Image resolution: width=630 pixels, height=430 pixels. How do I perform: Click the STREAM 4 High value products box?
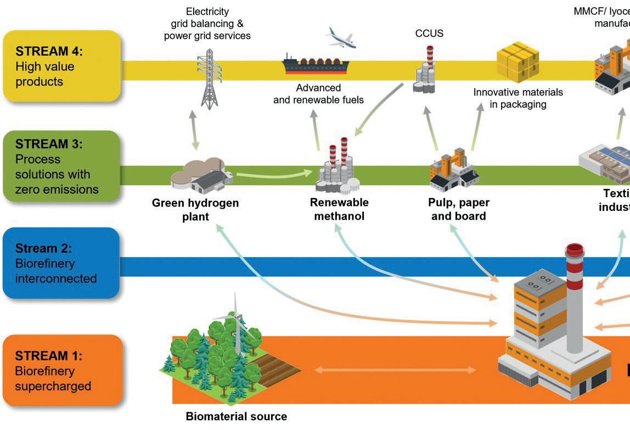coord(61,66)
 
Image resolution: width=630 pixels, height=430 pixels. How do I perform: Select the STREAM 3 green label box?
coord(61,166)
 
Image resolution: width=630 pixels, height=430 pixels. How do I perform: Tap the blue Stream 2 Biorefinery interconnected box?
coord(61,264)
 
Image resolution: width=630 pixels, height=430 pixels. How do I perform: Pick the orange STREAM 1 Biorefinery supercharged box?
coord(61,371)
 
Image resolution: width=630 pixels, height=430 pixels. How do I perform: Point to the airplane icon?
coord(341,37)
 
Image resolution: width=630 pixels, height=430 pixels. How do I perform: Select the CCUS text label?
coord(429,33)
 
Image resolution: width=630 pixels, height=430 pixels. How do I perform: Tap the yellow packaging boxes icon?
coord(517,62)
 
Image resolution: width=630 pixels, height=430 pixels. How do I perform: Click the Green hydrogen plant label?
coord(195,209)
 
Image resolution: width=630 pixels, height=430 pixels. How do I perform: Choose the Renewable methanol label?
coord(339,209)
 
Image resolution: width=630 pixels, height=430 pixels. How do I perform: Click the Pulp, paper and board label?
coord(459,209)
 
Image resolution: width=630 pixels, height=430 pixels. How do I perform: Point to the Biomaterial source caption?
coord(236,416)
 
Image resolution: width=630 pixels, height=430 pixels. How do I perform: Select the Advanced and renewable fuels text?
coord(318,93)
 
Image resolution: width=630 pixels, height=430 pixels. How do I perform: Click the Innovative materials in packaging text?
coord(518,98)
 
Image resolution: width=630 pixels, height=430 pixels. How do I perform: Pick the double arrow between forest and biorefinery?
coord(395,370)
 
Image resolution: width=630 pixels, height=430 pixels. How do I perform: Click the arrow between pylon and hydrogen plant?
coord(193,130)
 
